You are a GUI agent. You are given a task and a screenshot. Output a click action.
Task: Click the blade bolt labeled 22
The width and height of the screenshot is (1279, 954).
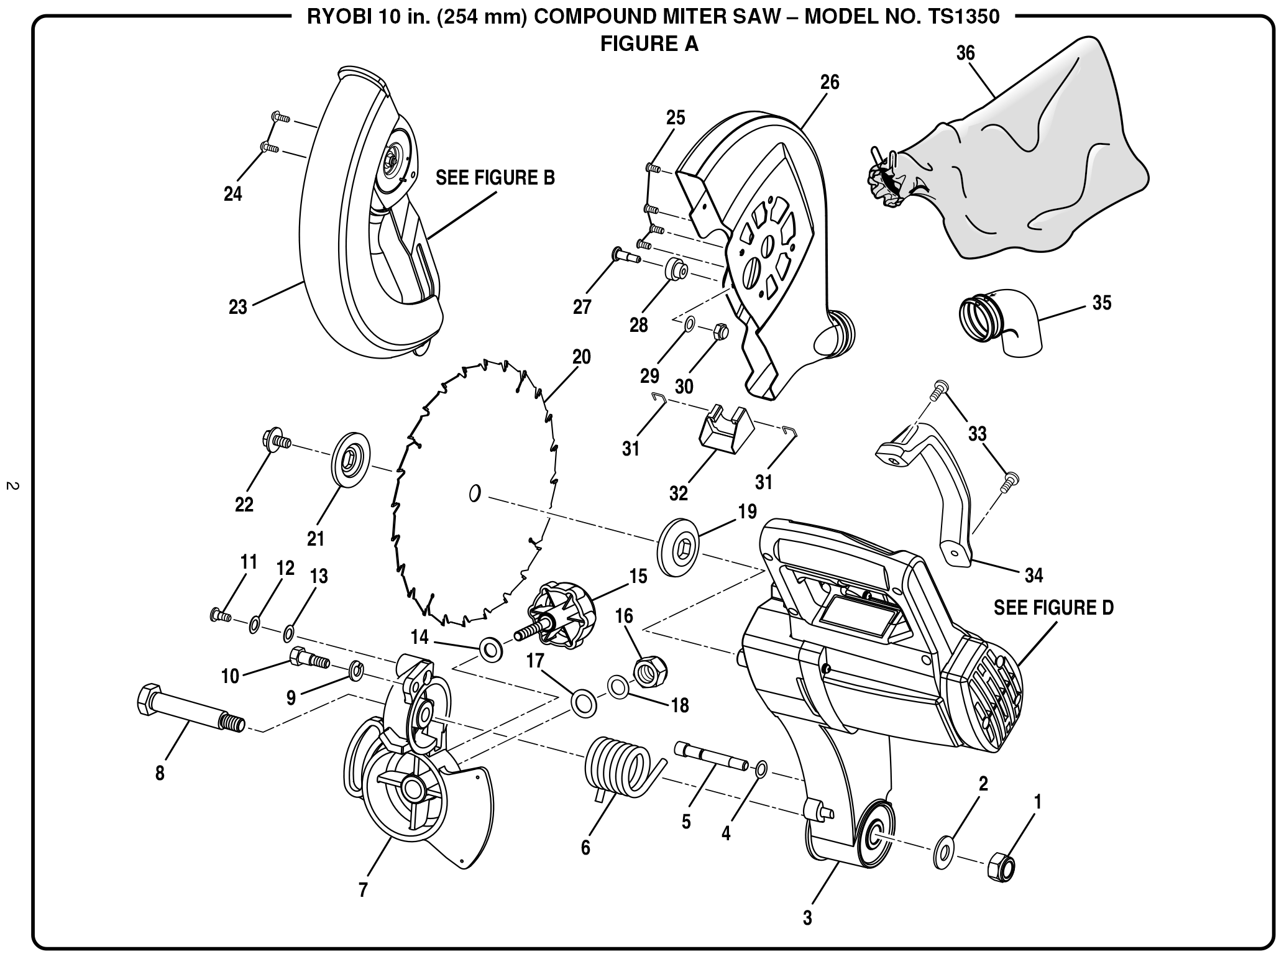pos(277,441)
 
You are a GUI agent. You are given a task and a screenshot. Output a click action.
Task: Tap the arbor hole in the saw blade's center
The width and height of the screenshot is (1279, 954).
pos(474,493)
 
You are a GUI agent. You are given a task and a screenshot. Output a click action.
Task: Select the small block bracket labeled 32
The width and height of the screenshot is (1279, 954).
pos(724,429)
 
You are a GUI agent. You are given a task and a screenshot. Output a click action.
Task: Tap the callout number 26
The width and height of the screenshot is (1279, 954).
pos(829,82)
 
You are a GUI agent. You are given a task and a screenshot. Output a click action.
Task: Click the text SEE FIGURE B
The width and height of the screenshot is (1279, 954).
pos(495,177)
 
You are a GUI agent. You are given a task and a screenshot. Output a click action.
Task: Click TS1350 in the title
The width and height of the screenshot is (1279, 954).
pos(966,16)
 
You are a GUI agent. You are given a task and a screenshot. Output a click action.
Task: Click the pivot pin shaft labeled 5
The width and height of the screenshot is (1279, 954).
pos(712,756)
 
